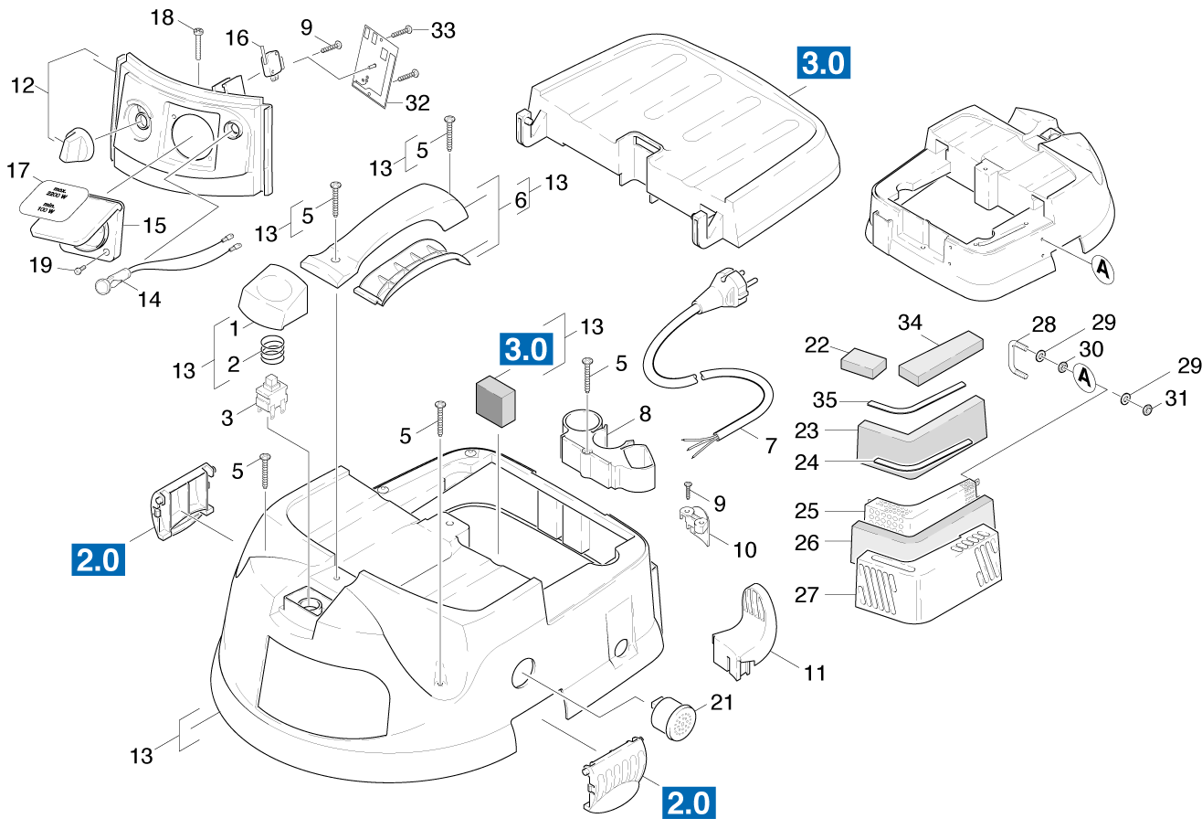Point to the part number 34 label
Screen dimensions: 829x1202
910,323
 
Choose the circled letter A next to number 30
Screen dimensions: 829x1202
1085,377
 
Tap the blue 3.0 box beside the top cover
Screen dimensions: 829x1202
825,63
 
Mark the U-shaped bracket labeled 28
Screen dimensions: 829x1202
1017,359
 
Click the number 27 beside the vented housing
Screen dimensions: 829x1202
807,594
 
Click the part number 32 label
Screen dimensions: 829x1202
416,102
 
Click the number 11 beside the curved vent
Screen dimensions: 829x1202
815,673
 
